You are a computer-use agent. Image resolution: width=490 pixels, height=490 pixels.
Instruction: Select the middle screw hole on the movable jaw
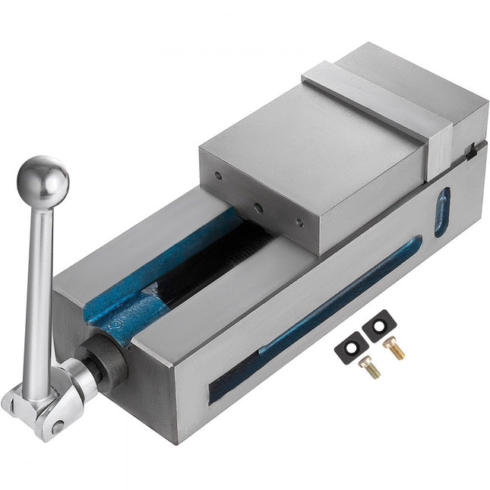[259, 206]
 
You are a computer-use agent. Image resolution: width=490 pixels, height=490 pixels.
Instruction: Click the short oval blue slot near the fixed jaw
[441, 212]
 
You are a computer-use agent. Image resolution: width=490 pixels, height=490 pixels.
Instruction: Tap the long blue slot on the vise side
[342, 296]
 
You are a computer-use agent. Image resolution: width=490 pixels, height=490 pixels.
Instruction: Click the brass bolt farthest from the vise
[394, 349]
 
